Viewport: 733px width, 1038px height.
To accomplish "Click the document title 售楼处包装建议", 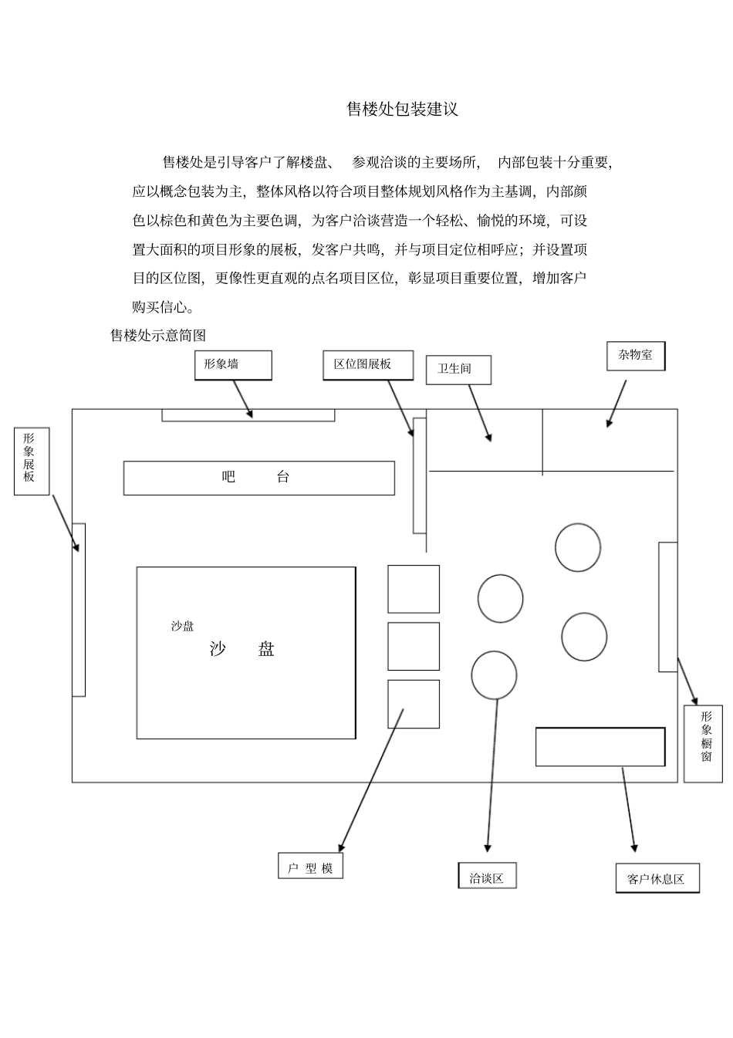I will pos(402,110).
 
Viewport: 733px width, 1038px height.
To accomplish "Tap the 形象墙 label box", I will pos(233,365).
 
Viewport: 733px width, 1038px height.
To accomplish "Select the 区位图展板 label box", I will pos(367,365).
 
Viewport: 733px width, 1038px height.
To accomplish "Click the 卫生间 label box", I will pos(458,370).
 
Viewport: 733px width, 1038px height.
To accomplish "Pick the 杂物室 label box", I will pos(635,356).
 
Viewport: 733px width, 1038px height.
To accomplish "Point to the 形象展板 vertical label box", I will pos(31,461).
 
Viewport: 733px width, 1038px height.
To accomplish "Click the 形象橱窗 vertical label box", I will pos(703,742).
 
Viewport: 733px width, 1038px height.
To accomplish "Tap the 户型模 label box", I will pos(310,866).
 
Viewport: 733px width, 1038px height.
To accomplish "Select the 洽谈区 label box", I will pos(487,876).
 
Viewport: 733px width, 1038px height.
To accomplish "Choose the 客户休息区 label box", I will pos(657,878).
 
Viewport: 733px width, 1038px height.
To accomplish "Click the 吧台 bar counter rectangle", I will pos(258,478).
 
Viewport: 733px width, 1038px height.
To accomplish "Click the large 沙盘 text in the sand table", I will pos(242,649).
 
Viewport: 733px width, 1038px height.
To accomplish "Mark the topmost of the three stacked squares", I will pos(413,589).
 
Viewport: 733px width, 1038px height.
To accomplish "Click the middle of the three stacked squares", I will pos(413,647).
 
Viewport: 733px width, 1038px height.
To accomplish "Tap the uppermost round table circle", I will pos(577,547).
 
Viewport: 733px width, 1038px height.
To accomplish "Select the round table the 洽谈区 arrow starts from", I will pos(493,675).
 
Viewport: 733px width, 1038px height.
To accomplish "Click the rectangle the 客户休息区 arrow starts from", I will pos(600,746).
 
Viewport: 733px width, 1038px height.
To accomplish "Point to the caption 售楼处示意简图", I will pos(158,336).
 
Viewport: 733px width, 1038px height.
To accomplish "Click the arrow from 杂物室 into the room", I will pos(616,402).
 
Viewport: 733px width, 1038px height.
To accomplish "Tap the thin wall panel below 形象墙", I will pos(248,415).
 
